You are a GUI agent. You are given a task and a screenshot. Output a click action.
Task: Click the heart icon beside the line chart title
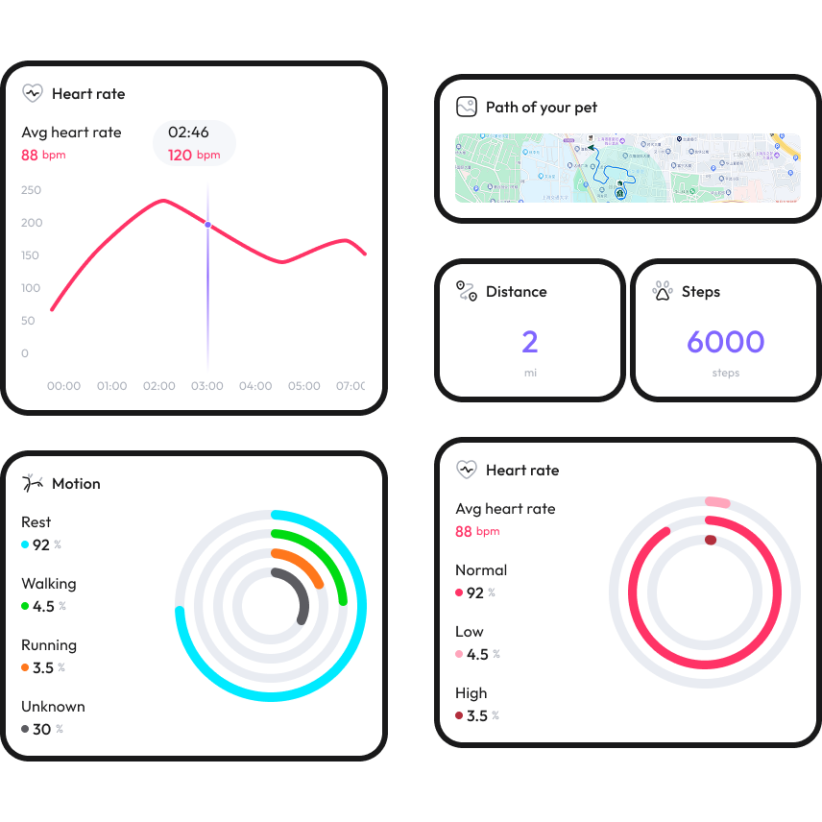coord(33,93)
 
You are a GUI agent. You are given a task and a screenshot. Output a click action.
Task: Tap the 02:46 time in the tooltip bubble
coord(188,133)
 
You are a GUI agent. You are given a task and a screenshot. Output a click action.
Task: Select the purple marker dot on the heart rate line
coord(207,225)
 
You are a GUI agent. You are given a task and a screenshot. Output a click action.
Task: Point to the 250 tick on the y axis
coord(31,190)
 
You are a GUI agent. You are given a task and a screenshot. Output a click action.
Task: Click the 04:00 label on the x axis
coord(255,386)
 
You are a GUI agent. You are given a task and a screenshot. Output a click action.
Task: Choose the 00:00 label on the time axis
coord(63,386)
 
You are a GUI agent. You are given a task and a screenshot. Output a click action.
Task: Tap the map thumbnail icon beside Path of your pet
coord(467,107)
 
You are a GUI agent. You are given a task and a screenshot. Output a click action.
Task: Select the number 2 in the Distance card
coord(530,342)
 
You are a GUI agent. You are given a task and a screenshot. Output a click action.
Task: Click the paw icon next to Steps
coord(663,291)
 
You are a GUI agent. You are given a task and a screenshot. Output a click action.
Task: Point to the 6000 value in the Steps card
coord(725,342)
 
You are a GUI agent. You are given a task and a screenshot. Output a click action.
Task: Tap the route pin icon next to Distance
coord(467,291)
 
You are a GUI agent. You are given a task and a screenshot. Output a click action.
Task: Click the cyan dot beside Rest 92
coord(26,544)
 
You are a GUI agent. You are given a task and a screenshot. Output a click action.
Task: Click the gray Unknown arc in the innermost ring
coord(299,591)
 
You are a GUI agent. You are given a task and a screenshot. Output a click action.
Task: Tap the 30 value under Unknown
coord(41,729)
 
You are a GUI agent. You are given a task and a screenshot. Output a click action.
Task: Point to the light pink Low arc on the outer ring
coord(717,502)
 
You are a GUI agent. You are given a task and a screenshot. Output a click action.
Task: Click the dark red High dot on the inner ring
coord(711,540)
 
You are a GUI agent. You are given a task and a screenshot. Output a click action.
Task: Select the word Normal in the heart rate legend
coord(481,569)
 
